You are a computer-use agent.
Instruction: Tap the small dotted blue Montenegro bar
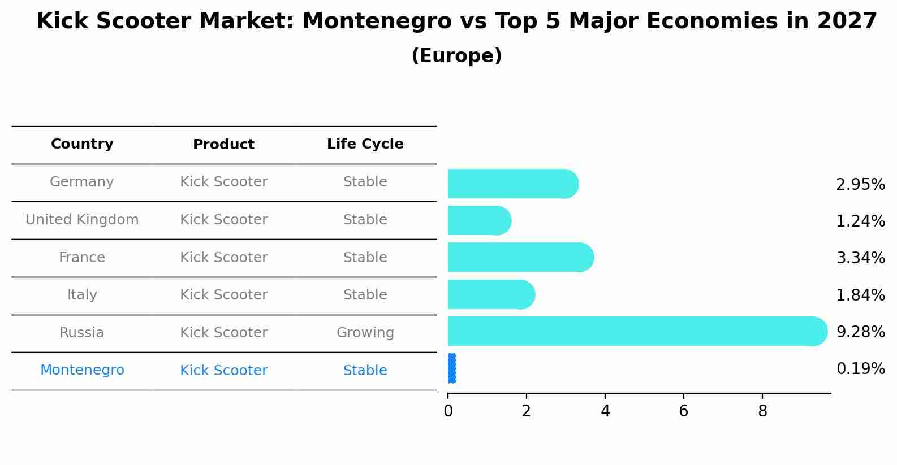(451, 368)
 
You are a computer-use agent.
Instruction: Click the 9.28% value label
(860, 332)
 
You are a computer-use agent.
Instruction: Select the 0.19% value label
(860, 369)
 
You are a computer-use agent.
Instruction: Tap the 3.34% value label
(860, 258)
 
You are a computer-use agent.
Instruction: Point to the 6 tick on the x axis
(683, 411)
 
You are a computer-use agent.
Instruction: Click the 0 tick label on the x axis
(448, 411)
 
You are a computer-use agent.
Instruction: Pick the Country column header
(82, 144)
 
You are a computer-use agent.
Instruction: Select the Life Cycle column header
(365, 144)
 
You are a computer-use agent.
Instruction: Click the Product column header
(223, 145)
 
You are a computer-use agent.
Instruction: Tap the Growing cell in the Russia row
(365, 333)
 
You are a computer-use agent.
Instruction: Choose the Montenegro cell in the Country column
(82, 370)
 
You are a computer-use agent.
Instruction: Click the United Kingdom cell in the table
(82, 220)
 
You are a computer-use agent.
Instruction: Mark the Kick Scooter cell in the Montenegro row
(223, 371)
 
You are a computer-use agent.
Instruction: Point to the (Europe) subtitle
(456, 56)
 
